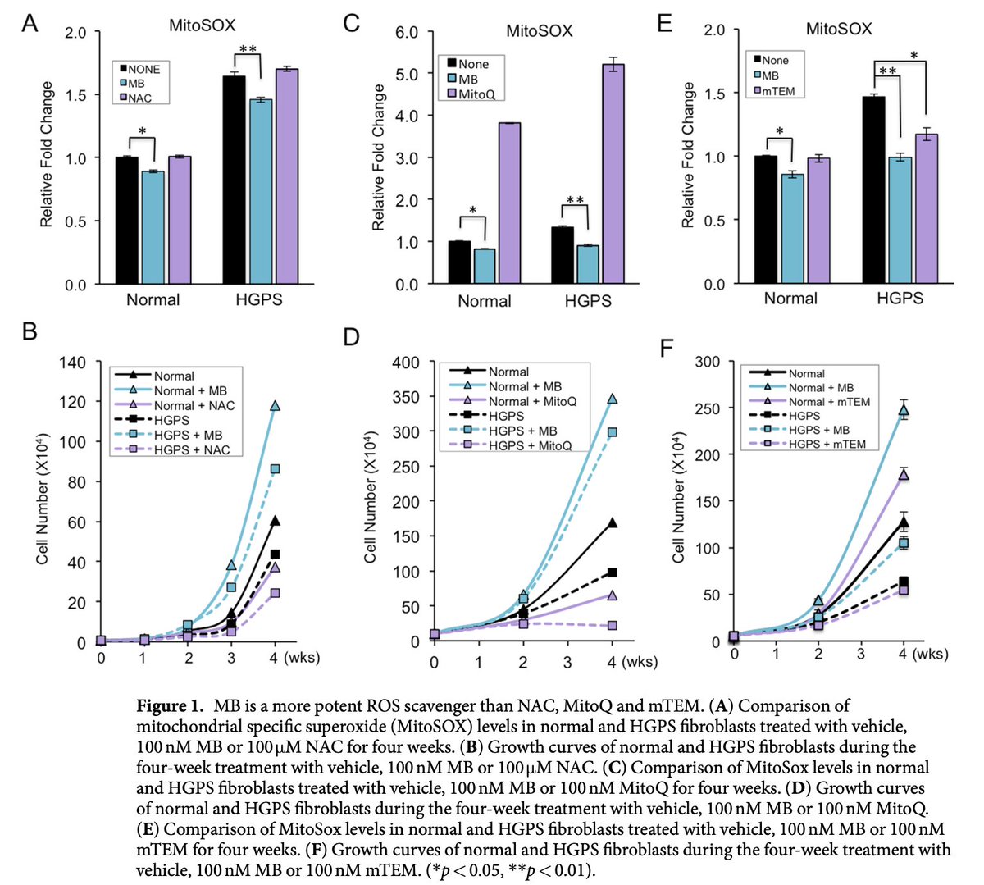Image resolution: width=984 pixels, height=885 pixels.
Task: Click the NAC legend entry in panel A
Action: point(139,98)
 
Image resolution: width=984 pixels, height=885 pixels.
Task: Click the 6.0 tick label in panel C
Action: point(407,32)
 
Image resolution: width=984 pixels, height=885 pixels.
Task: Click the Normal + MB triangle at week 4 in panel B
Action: point(276,405)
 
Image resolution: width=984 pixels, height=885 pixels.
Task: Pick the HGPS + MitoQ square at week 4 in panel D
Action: point(612,625)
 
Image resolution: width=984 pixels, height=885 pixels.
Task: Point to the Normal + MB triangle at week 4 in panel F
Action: point(904,410)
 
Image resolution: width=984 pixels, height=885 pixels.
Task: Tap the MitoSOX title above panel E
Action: point(839,30)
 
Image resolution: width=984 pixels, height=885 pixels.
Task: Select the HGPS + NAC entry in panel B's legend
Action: point(192,449)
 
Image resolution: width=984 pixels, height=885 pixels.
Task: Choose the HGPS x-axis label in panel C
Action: point(588,301)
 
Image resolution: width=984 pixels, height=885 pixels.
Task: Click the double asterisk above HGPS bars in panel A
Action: point(248,49)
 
